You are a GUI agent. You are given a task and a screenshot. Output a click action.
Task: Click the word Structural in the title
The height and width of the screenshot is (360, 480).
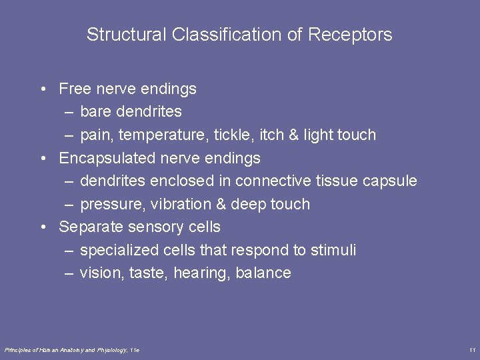coord(127,35)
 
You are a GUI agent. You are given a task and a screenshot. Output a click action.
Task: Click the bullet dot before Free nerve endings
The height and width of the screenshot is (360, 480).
coord(43,89)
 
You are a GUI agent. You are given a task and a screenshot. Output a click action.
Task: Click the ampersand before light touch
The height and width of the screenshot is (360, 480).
coord(293,135)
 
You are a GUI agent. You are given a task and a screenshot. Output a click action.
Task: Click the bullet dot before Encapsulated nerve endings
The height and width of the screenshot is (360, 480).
coord(43,158)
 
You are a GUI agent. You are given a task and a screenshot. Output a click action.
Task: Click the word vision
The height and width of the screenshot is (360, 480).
coord(99,273)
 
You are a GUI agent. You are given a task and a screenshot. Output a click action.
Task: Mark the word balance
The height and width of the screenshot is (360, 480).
coord(263,273)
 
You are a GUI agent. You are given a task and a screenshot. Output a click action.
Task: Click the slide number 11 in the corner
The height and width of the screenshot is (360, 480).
coord(472,350)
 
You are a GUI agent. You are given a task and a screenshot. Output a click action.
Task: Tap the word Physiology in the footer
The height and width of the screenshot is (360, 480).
coord(113,350)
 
